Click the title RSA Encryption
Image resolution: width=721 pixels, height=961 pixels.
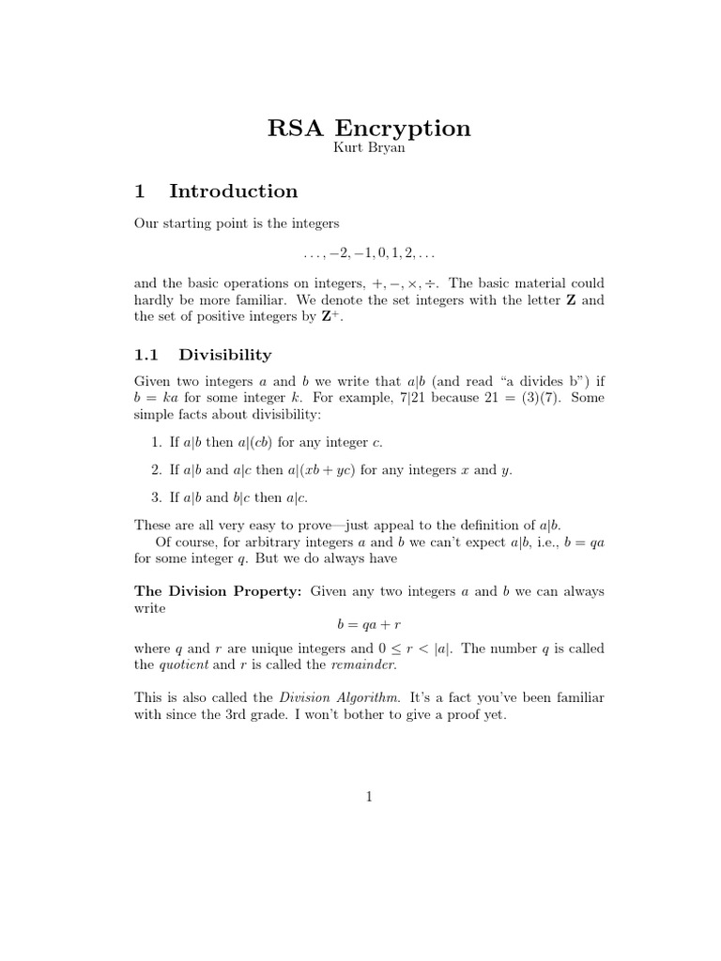(x=369, y=128)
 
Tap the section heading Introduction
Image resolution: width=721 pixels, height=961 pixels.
(x=233, y=191)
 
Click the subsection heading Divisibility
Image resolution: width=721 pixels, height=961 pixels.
(x=225, y=355)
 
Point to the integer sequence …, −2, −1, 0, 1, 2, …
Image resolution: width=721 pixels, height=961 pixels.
(x=369, y=253)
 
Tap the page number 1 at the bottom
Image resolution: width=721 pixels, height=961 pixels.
(x=369, y=798)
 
